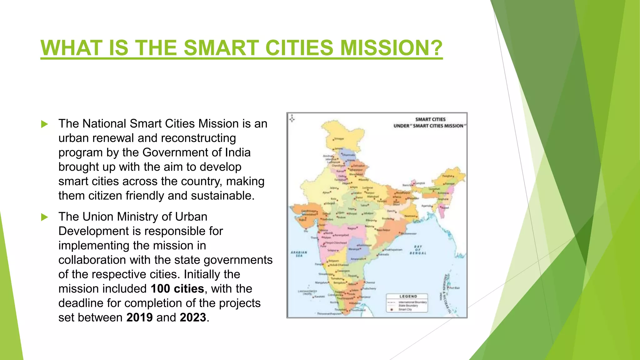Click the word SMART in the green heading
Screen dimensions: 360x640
pos(221,48)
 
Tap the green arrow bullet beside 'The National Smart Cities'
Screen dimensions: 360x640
pos(45,124)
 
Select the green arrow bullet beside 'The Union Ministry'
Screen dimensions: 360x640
pos(45,217)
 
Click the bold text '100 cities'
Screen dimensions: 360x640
pos(177,289)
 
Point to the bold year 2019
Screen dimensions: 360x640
pos(139,317)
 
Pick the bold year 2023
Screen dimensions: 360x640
pos(193,317)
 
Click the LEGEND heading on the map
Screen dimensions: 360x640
pos(408,296)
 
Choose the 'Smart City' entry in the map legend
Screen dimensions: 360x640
pos(405,309)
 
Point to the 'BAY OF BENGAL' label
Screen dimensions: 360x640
pos(418,250)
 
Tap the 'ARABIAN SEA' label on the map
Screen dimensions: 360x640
pos(299,254)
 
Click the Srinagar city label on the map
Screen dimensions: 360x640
pos(339,139)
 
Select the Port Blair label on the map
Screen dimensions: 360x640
pos(454,288)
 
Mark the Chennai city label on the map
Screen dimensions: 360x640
pos(370,282)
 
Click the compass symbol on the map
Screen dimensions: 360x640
pos(292,118)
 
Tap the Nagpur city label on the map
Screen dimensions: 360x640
pos(352,228)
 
